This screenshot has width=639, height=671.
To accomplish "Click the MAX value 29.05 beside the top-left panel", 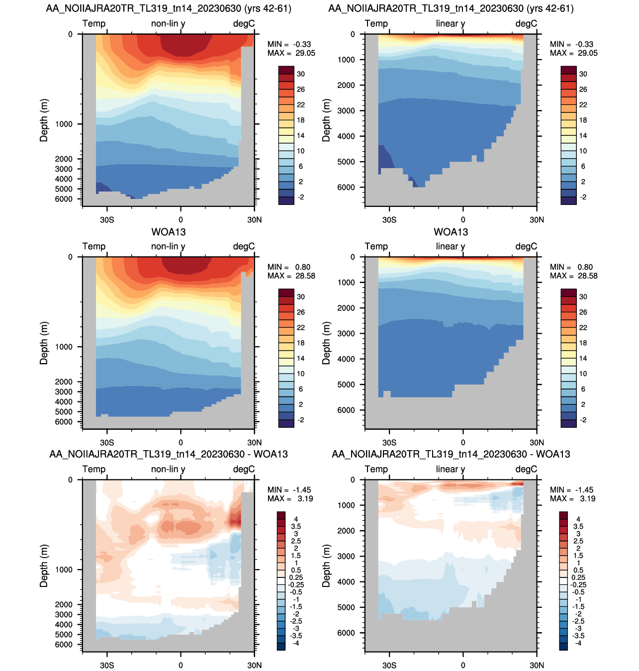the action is pyautogui.click(x=305, y=53).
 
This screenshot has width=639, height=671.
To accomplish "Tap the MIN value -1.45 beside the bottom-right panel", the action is pyautogui.click(x=585, y=490).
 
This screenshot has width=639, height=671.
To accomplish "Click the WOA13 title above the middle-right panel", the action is pyautogui.click(x=451, y=232).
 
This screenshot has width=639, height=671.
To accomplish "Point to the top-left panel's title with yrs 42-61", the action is pyautogui.click(x=169, y=8).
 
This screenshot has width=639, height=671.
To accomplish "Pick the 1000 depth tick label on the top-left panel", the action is pyautogui.click(x=64, y=124).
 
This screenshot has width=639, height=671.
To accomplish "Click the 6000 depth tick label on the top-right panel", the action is pyautogui.click(x=346, y=187).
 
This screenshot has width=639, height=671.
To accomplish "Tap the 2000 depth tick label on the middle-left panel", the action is pyautogui.click(x=64, y=382).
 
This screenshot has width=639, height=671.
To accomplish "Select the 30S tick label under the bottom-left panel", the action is pyautogui.click(x=107, y=665).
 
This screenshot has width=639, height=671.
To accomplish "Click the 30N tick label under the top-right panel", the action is pyautogui.click(x=537, y=219).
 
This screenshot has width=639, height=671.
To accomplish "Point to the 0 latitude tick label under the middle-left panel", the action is pyautogui.click(x=181, y=442).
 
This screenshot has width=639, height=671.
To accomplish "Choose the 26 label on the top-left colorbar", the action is pyautogui.click(x=301, y=90).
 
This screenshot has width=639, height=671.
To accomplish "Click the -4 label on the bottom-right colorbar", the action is pyautogui.click(x=578, y=643).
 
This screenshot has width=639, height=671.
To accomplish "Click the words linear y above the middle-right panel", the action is pyautogui.click(x=450, y=246).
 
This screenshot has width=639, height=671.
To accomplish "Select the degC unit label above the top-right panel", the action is pyautogui.click(x=526, y=23).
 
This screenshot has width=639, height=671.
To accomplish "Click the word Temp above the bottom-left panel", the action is pyautogui.click(x=94, y=469).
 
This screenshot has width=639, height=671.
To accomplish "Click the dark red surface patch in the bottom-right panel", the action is pyautogui.click(x=517, y=483).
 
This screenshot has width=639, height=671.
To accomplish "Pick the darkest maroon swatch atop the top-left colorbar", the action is pyautogui.click(x=286, y=70).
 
